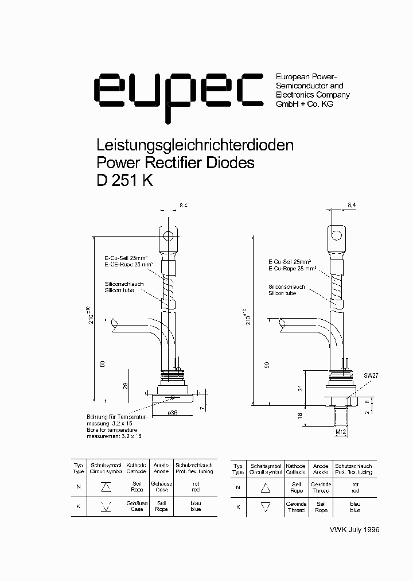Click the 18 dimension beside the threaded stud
301,415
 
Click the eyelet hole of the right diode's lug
337,235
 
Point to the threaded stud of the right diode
339,414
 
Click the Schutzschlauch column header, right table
353,469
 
